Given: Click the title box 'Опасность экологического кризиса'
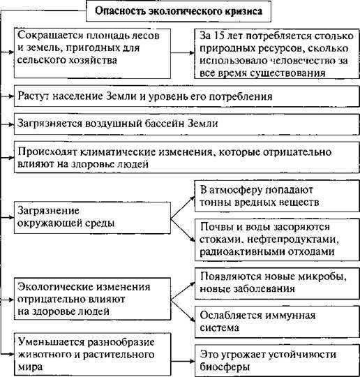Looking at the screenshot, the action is point(179,11).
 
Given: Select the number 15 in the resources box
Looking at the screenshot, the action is point(220,36).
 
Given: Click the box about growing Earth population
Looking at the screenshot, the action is point(187,96).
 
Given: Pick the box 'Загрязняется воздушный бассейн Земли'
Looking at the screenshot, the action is point(187,124).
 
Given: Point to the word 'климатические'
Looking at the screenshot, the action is point(146,152).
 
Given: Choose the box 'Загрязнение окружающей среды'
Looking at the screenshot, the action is point(92,218).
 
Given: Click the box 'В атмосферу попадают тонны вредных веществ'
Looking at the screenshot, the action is point(277,196).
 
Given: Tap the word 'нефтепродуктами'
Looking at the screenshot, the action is point(293,239).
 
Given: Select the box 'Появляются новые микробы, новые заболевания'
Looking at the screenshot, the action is point(277,283).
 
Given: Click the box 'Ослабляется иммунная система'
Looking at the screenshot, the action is point(277,322).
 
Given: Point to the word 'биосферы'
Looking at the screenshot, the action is point(225,367).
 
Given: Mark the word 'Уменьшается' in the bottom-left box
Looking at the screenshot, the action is point(51,342).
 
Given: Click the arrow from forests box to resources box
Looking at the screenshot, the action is point(183,52).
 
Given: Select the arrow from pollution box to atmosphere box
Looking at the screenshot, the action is point(183,207).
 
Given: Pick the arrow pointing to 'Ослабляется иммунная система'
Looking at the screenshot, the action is point(183,311).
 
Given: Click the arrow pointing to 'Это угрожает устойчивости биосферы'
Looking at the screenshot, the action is point(183,361).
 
